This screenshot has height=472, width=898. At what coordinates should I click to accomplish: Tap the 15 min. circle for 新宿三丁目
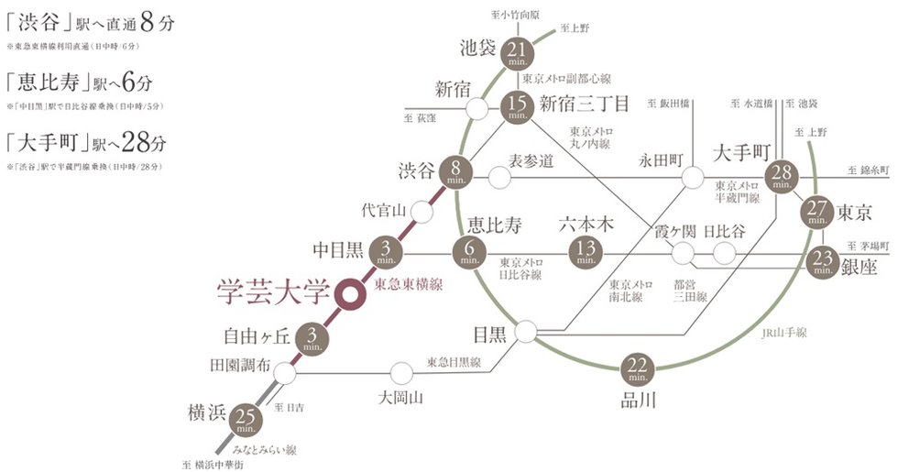pos(516,109)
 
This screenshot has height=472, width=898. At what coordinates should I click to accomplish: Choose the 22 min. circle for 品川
pos(638,369)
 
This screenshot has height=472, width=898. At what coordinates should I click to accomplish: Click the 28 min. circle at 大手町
pos(782,175)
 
